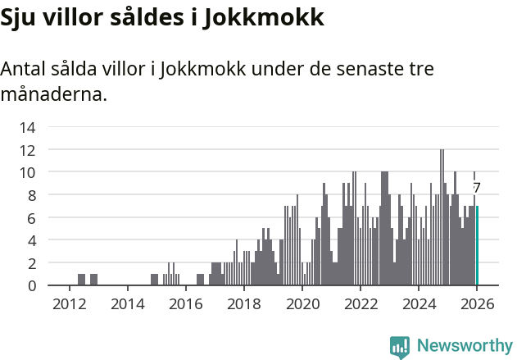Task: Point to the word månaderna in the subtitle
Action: coord(53,94)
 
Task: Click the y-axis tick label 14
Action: coord(27,127)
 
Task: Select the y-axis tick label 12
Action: coord(27,150)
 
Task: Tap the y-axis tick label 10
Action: coord(27,172)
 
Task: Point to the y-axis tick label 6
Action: coord(31,218)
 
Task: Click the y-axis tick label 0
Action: coord(31,285)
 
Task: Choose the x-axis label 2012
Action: coord(69,303)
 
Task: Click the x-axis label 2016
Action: coord(185,303)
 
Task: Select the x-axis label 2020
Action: coord(302,303)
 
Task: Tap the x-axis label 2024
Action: coord(418,303)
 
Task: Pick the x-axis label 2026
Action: coord(476,303)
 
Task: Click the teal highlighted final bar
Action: coord(477,246)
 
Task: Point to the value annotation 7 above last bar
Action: coord(476,188)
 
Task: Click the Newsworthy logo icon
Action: coord(400,346)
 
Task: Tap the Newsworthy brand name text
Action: coord(464,346)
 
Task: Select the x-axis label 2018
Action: coord(243,303)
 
